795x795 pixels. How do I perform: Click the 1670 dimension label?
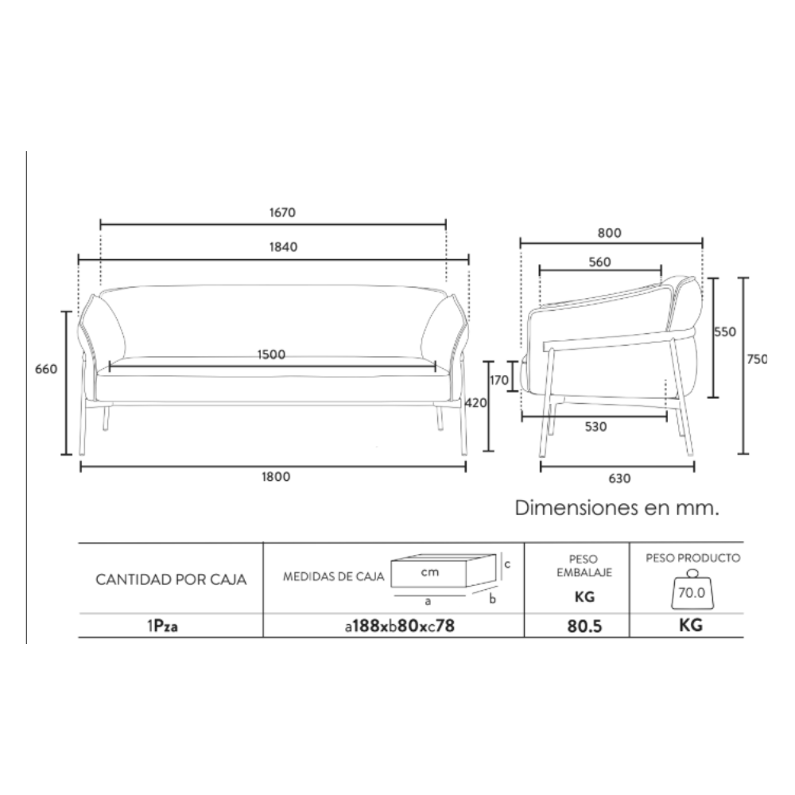[x=282, y=212]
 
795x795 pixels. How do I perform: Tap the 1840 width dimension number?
[x=283, y=247]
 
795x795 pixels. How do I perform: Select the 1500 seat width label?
[x=271, y=355]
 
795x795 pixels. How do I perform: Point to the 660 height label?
[x=46, y=369]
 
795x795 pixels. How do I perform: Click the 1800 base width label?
[x=276, y=476]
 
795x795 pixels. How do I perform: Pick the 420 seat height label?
[x=475, y=402]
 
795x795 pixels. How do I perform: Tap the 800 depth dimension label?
[x=609, y=233]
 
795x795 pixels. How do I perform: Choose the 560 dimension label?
[x=599, y=262]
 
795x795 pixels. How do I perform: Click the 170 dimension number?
[x=499, y=380]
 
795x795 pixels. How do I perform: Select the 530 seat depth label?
[x=595, y=427]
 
